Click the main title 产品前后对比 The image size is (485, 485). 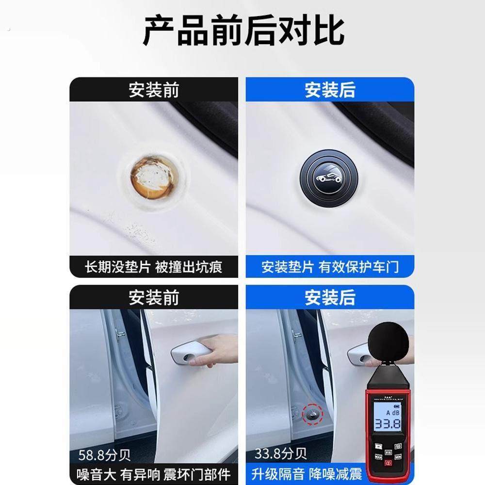click(x=242, y=31)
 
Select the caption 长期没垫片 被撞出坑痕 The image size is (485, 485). click(x=153, y=267)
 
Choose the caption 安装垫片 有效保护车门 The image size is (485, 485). click(x=330, y=267)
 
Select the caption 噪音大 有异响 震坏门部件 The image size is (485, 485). click(x=153, y=473)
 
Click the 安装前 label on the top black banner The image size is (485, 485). click(x=153, y=90)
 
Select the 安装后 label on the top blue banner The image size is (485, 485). click(x=330, y=90)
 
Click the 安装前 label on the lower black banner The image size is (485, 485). click(x=153, y=297)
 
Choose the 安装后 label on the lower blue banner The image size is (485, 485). click(x=330, y=297)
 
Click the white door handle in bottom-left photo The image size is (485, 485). click(x=187, y=352)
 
